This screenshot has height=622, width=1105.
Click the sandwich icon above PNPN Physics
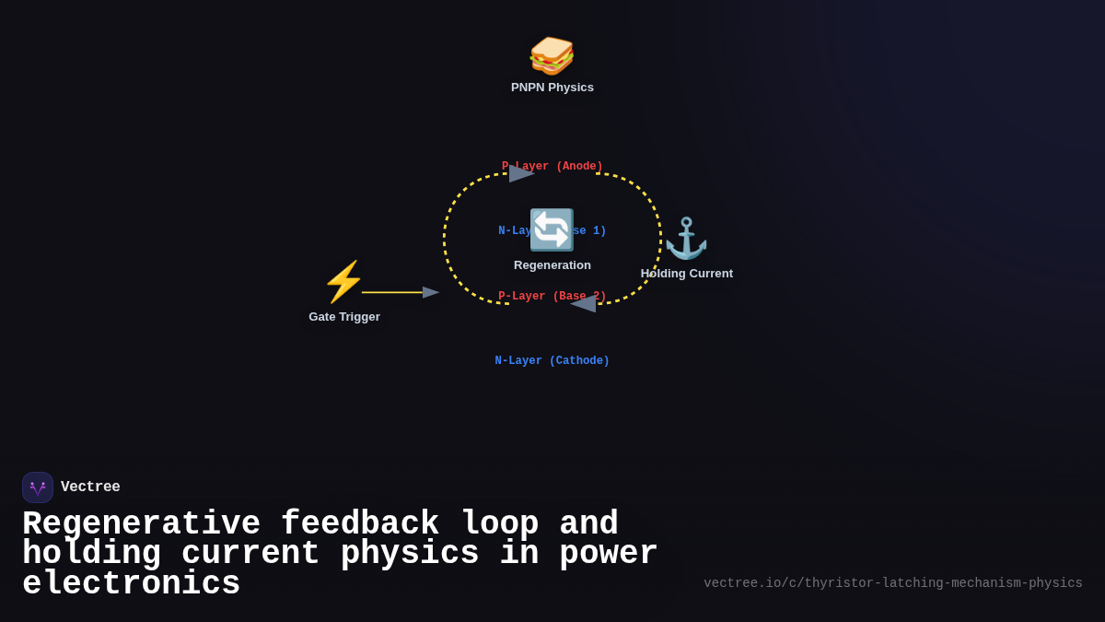point(552,55)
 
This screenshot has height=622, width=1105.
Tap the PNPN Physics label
point(552,88)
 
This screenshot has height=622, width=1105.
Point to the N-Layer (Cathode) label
point(552,361)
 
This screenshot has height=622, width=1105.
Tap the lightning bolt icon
point(343,282)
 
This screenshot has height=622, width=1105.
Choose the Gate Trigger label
point(344,317)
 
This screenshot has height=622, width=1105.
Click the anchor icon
point(686,239)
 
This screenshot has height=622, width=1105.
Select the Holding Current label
point(687,274)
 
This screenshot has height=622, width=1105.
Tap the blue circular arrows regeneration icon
point(552,229)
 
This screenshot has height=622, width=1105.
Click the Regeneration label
point(552,265)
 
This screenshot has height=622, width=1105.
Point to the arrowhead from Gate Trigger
point(431,292)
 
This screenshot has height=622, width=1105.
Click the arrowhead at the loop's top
point(521,173)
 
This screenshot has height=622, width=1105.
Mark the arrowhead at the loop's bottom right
point(584,304)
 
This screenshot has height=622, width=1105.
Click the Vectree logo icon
point(38,487)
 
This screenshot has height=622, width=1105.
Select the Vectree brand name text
point(90,487)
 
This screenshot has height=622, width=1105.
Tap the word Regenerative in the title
point(142,524)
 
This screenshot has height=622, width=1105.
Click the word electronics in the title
point(132,584)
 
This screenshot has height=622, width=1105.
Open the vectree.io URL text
point(893,583)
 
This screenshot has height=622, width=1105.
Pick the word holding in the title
point(92,554)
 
